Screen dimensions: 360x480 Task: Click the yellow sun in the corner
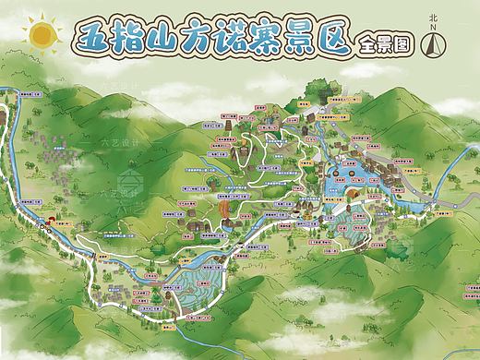tap(41, 35)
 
